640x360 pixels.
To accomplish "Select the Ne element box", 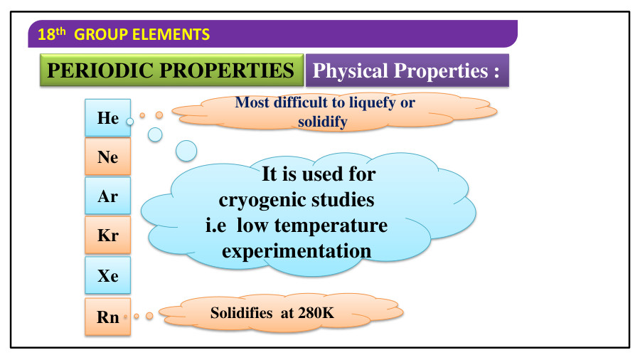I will pos(108,157).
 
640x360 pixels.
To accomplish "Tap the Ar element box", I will pos(108,196).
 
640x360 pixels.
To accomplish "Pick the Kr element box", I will pos(108,235).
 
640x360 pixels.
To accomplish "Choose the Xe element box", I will pos(108,275).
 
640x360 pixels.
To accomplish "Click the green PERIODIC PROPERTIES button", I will pos(171,70).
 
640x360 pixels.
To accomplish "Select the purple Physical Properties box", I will pos(406,71).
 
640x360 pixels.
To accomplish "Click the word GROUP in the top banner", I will pos(99,33).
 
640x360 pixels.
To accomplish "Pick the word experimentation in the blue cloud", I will pos(297,250).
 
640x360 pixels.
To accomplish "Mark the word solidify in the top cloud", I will pos(323,122).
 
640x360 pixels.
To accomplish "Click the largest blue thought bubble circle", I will pos(186,150).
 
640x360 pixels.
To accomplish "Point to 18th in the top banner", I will pos(47,33).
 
